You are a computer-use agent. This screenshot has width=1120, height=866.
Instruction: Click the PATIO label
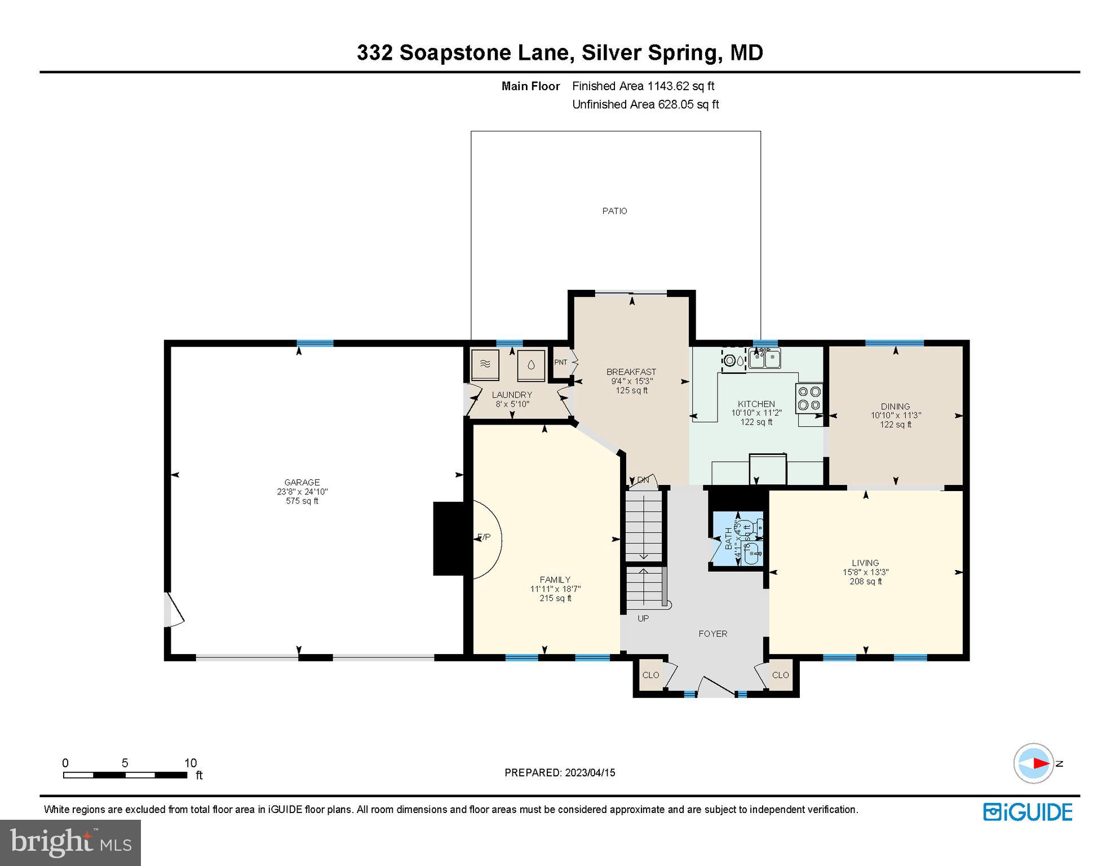click(x=614, y=211)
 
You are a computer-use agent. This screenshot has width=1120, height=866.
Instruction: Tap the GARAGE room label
click(x=302, y=482)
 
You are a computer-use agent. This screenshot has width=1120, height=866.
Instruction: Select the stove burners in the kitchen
click(x=809, y=398)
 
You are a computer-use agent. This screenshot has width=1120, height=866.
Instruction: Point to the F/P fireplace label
click(x=484, y=537)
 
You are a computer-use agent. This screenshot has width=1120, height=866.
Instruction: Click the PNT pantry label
click(x=560, y=363)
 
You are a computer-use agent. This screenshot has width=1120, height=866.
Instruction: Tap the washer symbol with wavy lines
click(x=485, y=364)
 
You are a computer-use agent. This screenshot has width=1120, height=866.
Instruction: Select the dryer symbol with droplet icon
click(x=531, y=364)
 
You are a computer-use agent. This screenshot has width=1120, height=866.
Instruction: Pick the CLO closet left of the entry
click(x=650, y=675)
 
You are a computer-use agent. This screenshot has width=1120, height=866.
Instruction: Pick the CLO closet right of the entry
click(x=780, y=675)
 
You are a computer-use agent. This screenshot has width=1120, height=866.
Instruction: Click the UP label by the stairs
click(x=643, y=618)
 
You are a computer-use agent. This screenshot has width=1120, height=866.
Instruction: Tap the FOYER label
click(x=712, y=634)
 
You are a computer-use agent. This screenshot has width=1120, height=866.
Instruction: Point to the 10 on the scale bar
click(x=191, y=763)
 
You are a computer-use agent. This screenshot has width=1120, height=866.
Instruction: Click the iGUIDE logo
click(x=1028, y=812)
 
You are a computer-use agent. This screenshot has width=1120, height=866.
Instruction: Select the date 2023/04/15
click(x=589, y=773)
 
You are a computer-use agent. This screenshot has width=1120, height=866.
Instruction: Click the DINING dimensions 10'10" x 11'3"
click(x=896, y=416)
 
